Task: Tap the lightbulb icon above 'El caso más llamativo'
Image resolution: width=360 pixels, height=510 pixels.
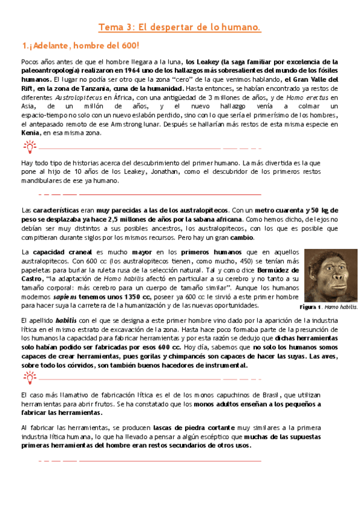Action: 29,378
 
